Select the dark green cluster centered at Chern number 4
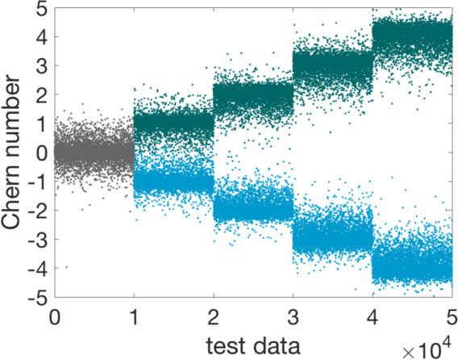412,37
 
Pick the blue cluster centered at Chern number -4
412,264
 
